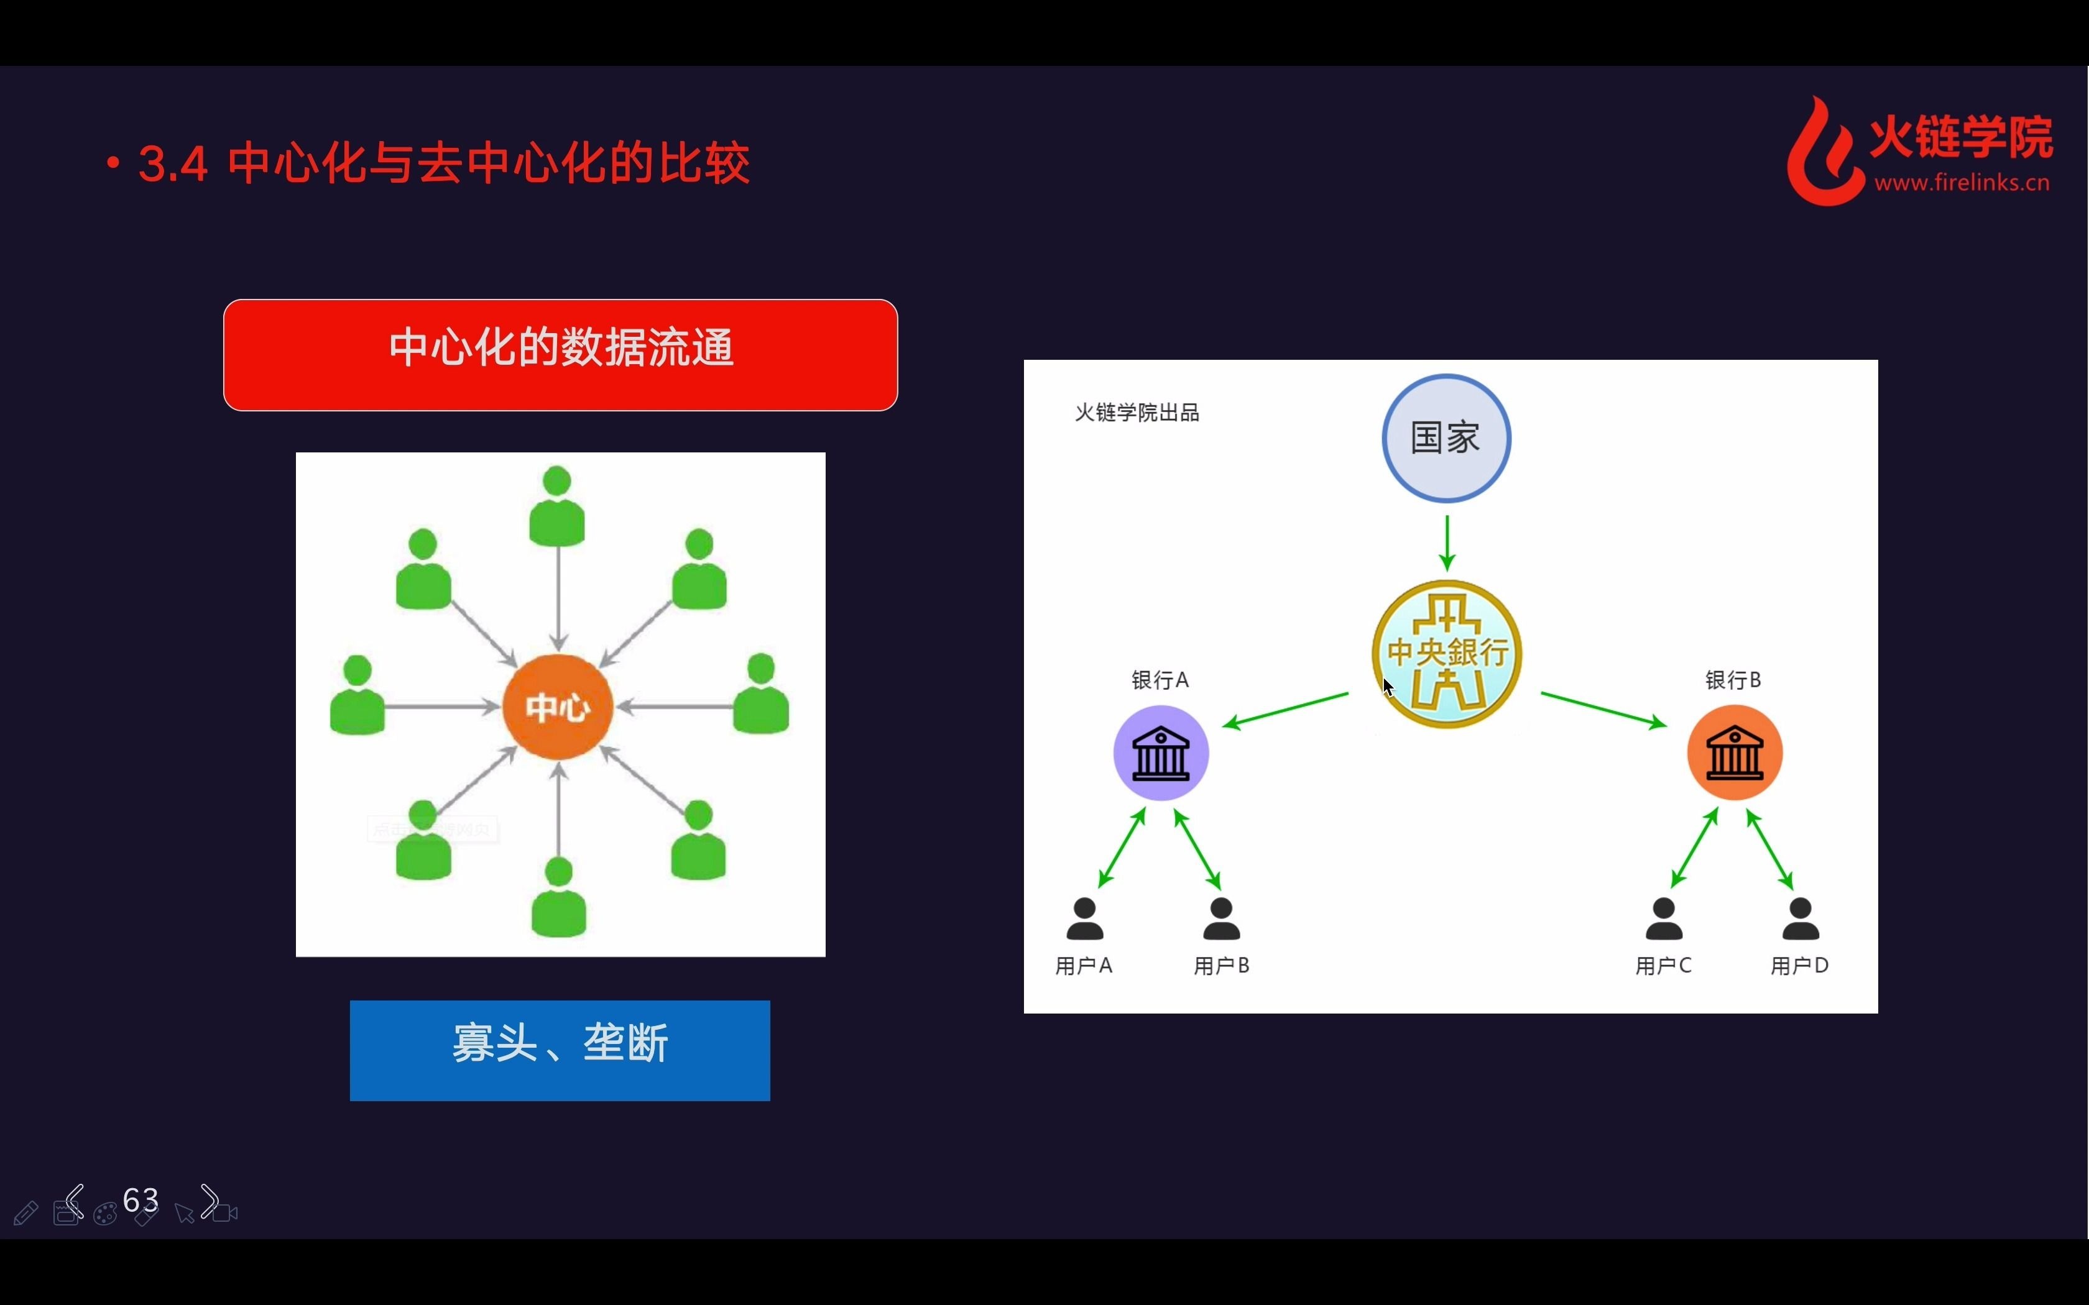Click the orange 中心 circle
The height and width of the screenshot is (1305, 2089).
(558, 707)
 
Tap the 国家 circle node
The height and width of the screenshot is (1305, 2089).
(1446, 437)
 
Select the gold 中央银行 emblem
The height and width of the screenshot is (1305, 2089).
(1447, 653)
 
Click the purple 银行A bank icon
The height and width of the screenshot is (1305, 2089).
(1160, 753)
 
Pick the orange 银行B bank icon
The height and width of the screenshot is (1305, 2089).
(1734, 753)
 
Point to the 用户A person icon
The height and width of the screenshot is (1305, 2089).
(1084, 918)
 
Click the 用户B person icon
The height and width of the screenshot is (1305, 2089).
(1222, 918)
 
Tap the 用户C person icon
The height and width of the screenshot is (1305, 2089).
(1664, 918)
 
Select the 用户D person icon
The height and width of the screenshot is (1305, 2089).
(1801, 918)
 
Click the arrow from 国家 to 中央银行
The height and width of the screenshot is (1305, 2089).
(1447, 542)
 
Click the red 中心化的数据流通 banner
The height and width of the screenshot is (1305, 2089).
(560, 355)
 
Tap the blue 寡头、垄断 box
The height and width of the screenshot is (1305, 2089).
(560, 1050)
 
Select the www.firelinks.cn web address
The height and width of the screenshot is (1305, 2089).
(1962, 183)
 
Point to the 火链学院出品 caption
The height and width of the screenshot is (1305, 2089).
(1137, 413)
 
